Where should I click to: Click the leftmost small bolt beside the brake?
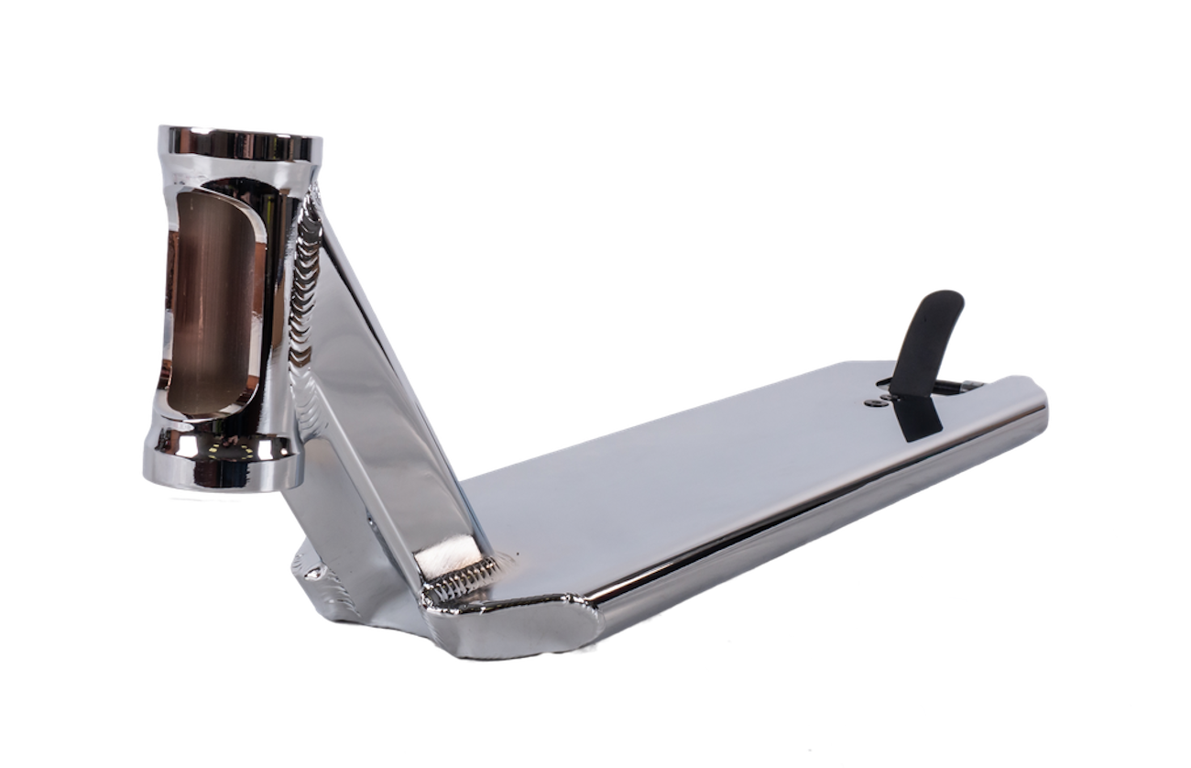(870, 400)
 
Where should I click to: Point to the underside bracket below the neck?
(321, 577)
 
